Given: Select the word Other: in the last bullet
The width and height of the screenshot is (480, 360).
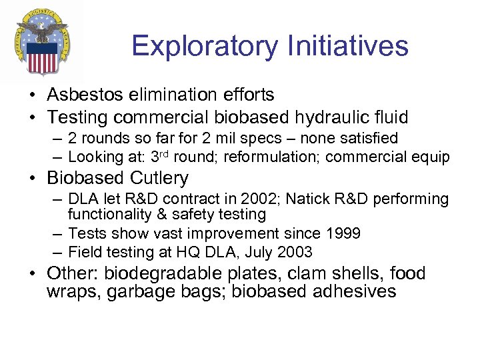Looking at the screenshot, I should (x=73, y=274).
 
